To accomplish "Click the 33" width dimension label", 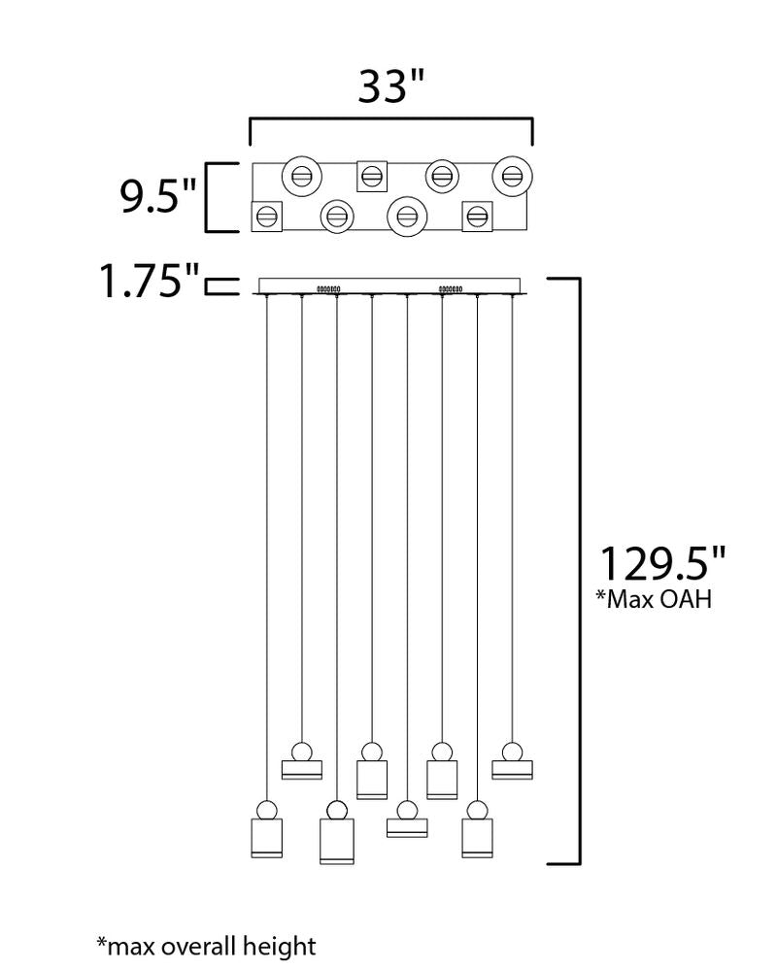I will pyautogui.click(x=391, y=86).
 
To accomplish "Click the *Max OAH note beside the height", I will pyautogui.click(x=654, y=599).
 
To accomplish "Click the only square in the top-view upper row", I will pyautogui.click(x=371, y=176).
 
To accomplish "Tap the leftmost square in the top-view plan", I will pyautogui.click(x=266, y=216).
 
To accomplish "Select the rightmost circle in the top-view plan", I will pyautogui.click(x=512, y=176).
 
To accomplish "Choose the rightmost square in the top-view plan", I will pyautogui.click(x=477, y=216).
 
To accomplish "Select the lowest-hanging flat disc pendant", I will pyautogui.click(x=407, y=827).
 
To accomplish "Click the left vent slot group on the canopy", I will pyautogui.click(x=326, y=288).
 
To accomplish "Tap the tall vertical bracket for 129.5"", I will pyautogui.click(x=580, y=570).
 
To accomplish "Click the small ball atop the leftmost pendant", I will pyautogui.click(x=266, y=809).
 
